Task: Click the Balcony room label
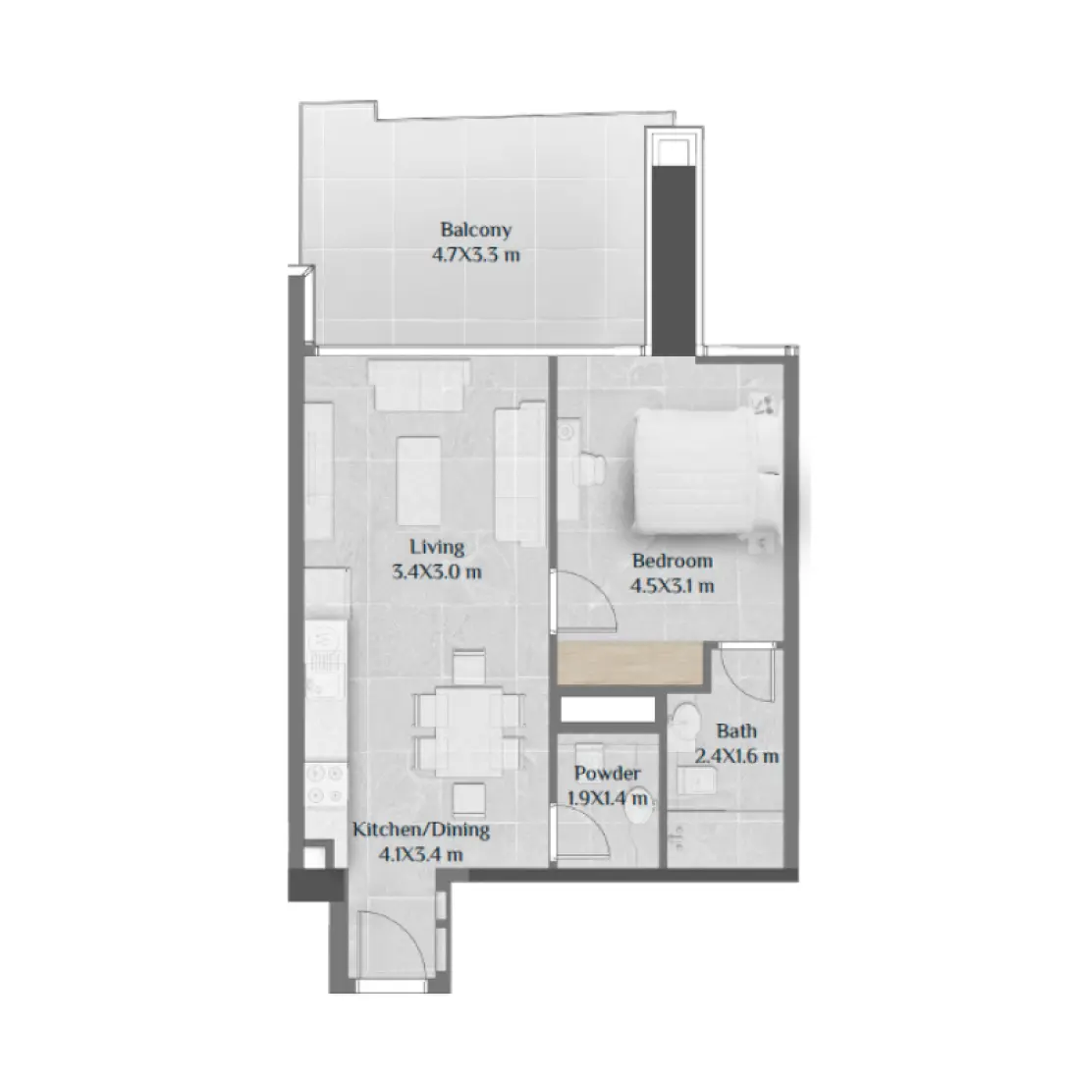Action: pyautogui.click(x=476, y=232)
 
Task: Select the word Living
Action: pyautogui.click(x=437, y=548)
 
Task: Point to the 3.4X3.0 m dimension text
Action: pyautogui.click(x=437, y=572)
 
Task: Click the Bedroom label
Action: pyautogui.click(x=673, y=562)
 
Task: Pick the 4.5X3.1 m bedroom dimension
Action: pyautogui.click(x=673, y=586)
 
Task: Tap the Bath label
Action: pyautogui.click(x=736, y=731)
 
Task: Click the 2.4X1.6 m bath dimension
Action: pyautogui.click(x=737, y=756)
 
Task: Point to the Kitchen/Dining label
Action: pyautogui.click(x=421, y=831)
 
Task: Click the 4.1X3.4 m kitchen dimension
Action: pyautogui.click(x=421, y=855)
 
